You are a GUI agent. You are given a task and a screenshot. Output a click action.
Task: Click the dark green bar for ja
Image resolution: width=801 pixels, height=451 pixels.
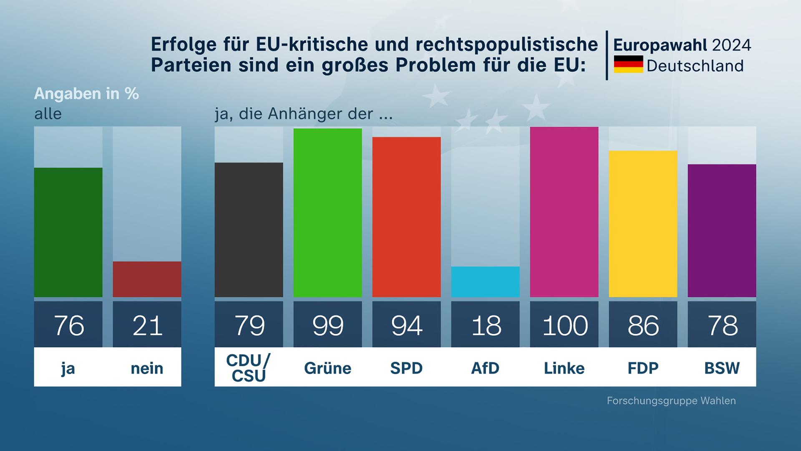coord(68,232)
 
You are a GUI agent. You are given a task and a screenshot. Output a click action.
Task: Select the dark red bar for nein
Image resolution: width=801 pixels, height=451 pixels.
coord(147,279)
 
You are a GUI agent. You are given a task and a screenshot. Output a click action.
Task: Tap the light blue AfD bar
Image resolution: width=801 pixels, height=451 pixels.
coord(485,281)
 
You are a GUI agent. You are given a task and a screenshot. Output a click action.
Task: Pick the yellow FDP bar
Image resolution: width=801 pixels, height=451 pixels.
coord(643,224)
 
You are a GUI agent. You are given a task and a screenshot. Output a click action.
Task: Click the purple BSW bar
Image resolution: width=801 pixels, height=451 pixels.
coord(722,231)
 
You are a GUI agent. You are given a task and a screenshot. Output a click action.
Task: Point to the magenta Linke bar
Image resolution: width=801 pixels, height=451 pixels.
coord(564,212)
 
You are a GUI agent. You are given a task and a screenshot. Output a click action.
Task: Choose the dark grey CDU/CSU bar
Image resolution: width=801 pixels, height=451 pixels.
coord(249,230)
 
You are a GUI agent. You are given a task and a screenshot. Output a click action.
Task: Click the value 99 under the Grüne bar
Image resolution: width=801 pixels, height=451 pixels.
coord(328,325)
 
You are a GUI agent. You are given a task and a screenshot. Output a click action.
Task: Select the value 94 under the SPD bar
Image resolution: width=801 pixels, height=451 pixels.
coord(407,325)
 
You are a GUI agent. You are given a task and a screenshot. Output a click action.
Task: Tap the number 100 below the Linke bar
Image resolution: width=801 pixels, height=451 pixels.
coord(564,325)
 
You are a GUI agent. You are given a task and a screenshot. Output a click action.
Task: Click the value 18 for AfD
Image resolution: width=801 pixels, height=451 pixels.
coord(486,325)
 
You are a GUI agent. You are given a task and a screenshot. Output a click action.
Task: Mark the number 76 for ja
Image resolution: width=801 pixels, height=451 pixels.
coord(68,325)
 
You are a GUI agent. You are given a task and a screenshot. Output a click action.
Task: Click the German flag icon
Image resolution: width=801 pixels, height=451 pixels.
coord(628,64)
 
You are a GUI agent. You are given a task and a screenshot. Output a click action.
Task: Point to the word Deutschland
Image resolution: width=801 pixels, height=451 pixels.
coord(695,66)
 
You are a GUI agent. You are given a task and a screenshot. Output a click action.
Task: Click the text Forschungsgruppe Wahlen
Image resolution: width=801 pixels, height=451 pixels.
coord(671,400)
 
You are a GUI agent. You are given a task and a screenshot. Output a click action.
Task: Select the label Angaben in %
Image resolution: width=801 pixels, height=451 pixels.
coord(86,94)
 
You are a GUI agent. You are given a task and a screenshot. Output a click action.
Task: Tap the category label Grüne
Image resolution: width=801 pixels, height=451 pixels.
coord(327,368)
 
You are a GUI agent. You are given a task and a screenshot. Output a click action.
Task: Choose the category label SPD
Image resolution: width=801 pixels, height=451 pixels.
coord(406,368)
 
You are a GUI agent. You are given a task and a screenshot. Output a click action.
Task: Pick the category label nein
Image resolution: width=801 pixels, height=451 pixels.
coord(147,368)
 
